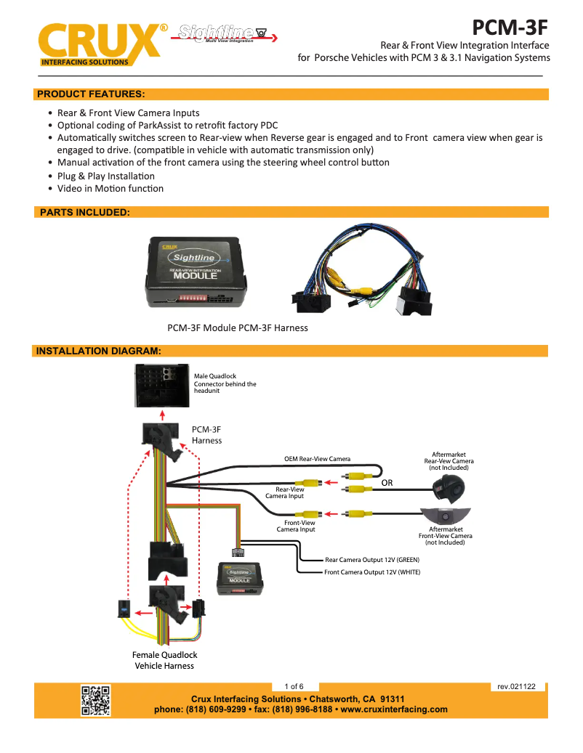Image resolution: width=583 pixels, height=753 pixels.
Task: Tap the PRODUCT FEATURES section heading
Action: (x=91, y=94)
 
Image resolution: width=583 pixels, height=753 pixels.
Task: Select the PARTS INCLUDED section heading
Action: (x=85, y=212)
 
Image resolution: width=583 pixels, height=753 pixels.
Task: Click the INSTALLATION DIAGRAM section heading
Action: (x=98, y=351)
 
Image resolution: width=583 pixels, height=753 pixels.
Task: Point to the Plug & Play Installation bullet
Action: (x=106, y=176)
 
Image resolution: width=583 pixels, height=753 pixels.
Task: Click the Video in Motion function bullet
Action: (x=110, y=188)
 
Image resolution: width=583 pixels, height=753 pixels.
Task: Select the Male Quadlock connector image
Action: (x=162, y=385)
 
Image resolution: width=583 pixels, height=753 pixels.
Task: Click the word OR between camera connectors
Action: (x=388, y=482)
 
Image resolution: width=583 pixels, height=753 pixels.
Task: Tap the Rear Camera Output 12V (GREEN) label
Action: (x=371, y=560)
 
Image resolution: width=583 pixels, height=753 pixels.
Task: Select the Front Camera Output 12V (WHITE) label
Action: (x=371, y=572)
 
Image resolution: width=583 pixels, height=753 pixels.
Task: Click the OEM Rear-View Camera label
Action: (x=317, y=459)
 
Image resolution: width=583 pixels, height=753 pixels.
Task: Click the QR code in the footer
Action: (x=95, y=700)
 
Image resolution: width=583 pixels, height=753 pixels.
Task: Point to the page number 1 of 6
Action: (x=294, y=686)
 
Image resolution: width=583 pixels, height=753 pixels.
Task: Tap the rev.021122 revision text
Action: (x=516, y=686)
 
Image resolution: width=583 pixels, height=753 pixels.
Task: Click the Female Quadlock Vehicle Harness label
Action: (x=164, y=660)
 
